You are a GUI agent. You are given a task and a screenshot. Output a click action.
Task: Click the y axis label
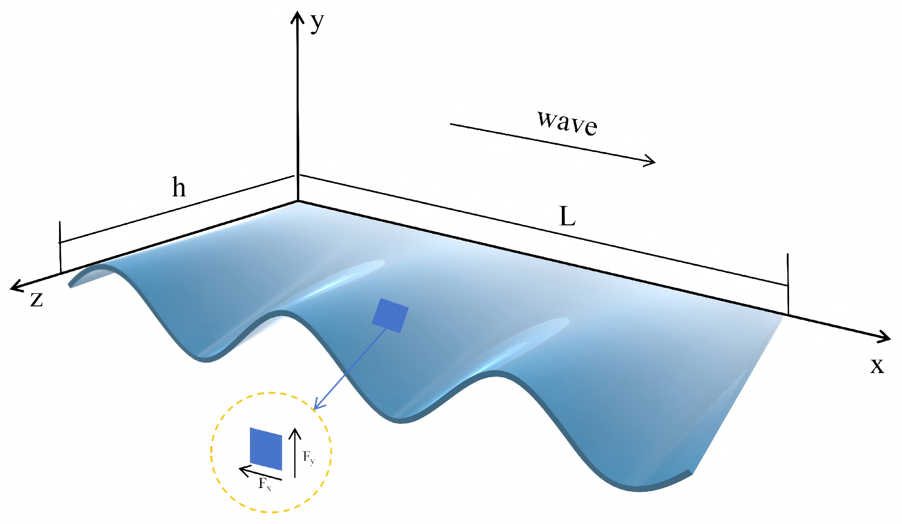pos(317,23)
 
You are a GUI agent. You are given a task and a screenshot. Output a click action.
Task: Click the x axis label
pos(877,365)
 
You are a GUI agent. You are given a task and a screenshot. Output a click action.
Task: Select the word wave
pos(568,123)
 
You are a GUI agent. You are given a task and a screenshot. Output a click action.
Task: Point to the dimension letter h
pos(179,187)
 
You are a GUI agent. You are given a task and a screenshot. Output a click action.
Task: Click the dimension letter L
pos(567,217)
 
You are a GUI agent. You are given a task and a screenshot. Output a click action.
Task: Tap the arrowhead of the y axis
pos(297,16)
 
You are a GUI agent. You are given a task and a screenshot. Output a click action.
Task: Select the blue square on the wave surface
pos(390,316)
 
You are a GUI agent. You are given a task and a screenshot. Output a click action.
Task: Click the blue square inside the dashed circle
pos(266,448)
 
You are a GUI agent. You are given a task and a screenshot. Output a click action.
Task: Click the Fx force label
pos(265,484)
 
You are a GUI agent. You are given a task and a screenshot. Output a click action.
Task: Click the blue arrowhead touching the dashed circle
pos(316,406)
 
